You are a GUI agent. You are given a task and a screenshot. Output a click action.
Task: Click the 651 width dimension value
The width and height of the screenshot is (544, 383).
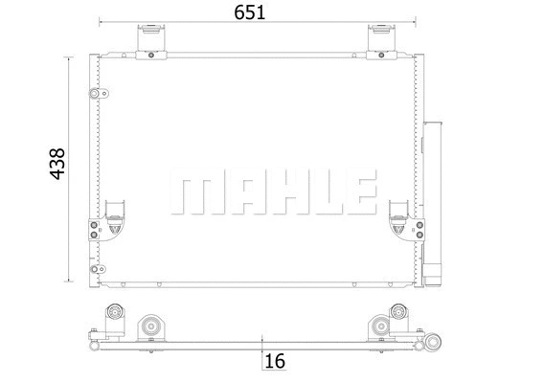(247, 12)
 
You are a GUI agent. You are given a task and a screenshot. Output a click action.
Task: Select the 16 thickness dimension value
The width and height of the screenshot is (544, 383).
(276, 362)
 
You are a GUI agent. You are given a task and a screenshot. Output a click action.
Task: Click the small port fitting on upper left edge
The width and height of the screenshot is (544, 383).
(94, 94)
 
